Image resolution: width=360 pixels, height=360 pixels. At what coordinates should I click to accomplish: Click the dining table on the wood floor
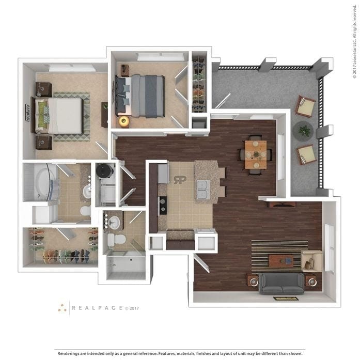[256, 154]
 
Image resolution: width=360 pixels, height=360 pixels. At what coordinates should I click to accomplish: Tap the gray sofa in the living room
[281, 283]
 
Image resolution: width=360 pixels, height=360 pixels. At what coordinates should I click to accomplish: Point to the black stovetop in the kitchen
[163, 205]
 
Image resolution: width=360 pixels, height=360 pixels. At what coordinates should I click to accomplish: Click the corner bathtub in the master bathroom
[39, 182]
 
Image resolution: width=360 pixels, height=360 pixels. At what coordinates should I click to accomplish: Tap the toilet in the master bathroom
[85, 211]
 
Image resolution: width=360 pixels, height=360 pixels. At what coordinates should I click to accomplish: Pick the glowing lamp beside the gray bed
[124, 121]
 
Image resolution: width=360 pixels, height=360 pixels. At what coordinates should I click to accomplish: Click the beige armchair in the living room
[311, 260]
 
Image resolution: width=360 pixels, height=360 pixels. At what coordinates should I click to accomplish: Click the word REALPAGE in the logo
[97, 308]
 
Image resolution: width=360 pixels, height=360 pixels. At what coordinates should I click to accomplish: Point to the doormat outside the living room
[286, 298]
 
